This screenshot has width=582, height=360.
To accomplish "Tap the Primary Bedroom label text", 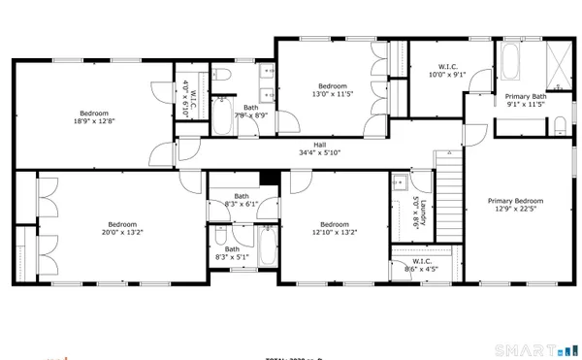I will tap(514, 205).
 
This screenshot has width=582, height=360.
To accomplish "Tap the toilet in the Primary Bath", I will tap(560, 123).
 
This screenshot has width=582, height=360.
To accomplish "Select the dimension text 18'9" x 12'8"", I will tap(94, 121).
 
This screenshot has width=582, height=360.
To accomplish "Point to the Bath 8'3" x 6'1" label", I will tap(240, 201).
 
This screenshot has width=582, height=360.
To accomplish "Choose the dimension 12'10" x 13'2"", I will tap(335, 232).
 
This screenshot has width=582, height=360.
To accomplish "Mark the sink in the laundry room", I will tap(399, 181).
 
